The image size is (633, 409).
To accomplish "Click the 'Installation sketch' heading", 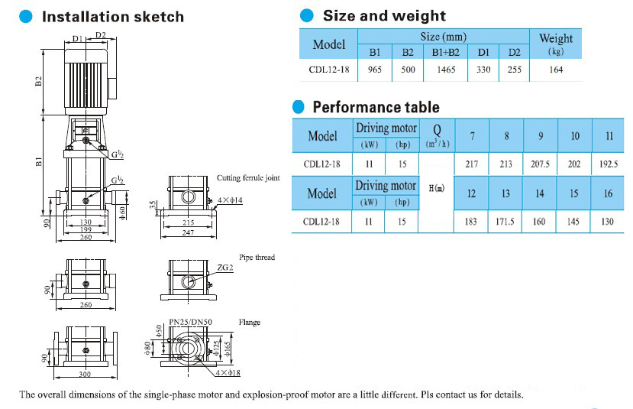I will [112, 16].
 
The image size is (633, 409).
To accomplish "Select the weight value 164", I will [555, 70].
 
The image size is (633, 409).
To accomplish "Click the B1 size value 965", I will [374, 70].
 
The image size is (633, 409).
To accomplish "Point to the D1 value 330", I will [483, 70].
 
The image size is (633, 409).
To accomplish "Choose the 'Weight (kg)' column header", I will [555, 44].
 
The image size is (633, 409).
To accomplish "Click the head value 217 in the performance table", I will [471, 164].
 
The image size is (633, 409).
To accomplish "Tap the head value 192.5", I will [608, 164].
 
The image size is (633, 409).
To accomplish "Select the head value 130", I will [608, 222].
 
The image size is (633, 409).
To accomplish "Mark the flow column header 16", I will [608, 193].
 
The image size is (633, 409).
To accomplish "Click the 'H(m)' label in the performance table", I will [437, 187].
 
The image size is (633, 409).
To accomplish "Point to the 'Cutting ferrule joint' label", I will [248, 177].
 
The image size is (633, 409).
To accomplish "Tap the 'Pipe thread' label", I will [257, 258].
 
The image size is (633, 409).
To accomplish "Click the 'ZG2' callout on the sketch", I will [224, 268].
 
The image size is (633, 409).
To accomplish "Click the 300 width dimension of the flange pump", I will [85, 374].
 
